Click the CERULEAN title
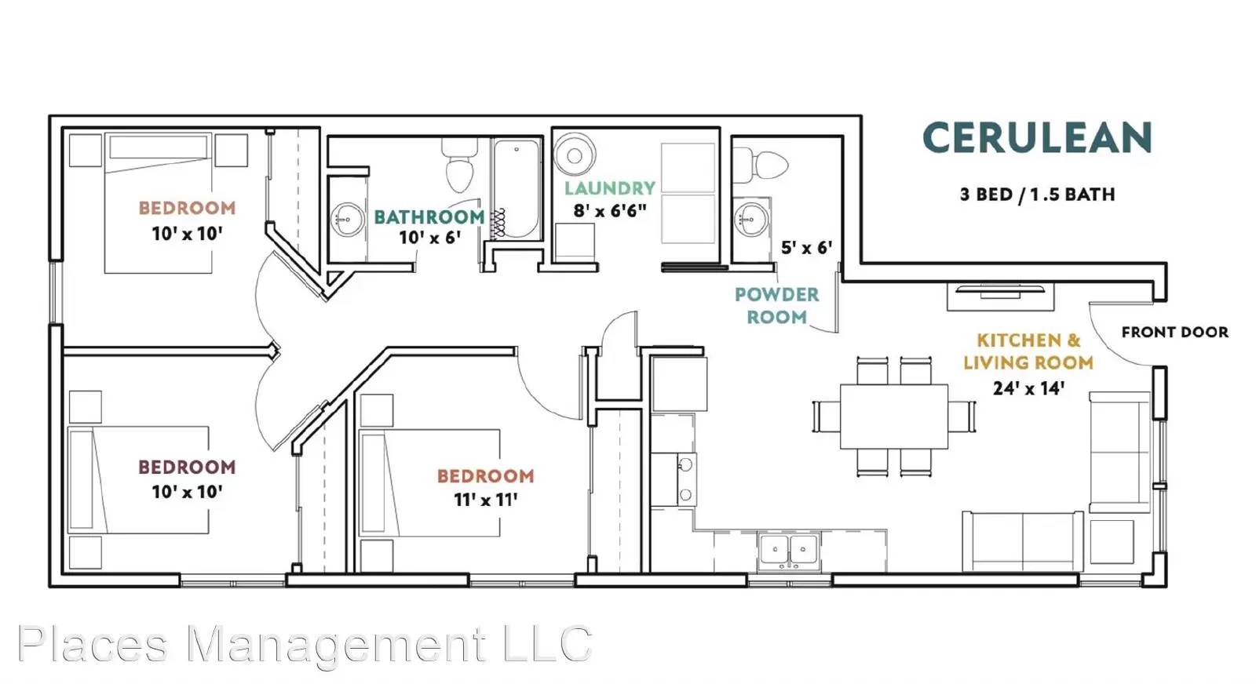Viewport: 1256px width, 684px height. (1037, 138)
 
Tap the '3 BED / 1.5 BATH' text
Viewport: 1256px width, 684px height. (1037, 195)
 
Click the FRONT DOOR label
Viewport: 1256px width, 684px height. (1174, 333)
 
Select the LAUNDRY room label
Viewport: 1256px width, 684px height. (610, 188)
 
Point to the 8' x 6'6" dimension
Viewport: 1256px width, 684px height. (610, 211)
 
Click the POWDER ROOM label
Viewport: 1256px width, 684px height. (776, 306)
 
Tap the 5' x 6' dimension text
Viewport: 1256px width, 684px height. (806, 247)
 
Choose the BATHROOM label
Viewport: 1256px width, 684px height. (429, 216)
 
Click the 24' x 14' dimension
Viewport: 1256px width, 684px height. (1028, 388)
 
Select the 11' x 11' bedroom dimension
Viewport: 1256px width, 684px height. (486, 499)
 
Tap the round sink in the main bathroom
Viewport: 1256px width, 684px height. (348, 220)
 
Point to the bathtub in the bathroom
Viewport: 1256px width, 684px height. (517, 189)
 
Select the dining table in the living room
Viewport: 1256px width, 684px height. (894, 417)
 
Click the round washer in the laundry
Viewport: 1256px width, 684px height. (575, 155)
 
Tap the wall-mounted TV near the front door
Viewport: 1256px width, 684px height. (1000, 289)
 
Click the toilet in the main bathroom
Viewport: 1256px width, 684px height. (460, 166)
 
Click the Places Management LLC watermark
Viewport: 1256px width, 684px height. (305, 645)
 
